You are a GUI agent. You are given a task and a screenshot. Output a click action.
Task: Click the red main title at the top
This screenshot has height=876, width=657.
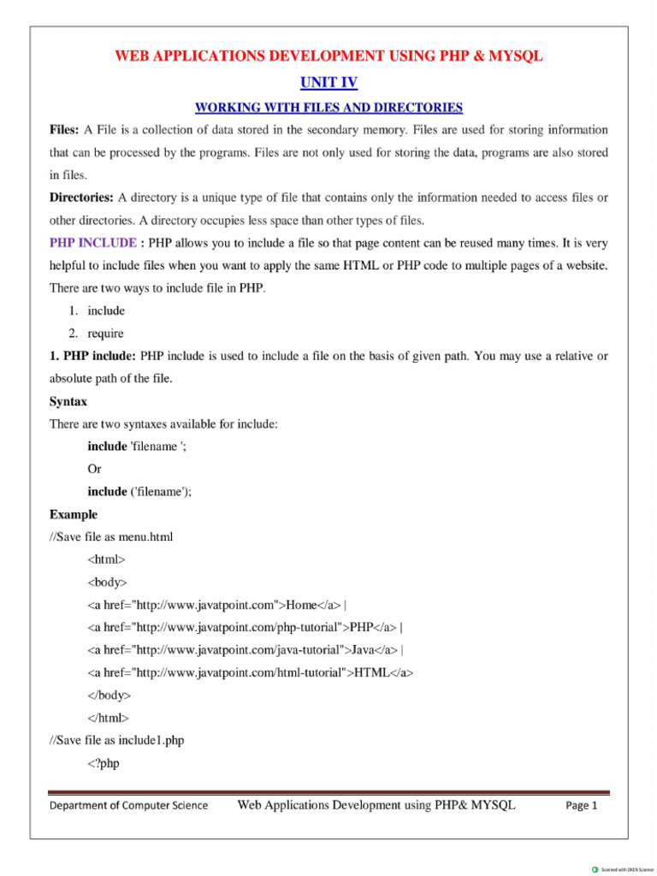pos(328,56)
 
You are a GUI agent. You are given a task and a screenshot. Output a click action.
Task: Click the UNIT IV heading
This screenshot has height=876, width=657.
pos(328,82)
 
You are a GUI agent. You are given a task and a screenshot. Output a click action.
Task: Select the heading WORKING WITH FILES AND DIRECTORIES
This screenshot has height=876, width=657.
pos(328,108)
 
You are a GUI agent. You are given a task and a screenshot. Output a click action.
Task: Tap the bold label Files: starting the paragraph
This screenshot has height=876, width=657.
pos(64,130)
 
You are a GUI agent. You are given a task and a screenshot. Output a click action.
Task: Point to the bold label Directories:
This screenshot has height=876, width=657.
pos(82,198)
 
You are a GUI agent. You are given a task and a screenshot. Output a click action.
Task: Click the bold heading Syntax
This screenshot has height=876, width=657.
pos(68,401)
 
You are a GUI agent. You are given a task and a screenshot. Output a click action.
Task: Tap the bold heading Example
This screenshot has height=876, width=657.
pos(74,514)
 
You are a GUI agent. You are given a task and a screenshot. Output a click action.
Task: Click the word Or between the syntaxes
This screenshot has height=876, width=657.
pos(94,469)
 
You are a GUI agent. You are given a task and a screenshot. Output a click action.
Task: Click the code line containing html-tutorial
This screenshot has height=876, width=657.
pos(250,672)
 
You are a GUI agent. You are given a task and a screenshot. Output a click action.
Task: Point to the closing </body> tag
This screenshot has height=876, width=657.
pos(109,695)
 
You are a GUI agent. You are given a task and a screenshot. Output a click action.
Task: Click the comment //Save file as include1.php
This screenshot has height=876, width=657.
pos(116,740)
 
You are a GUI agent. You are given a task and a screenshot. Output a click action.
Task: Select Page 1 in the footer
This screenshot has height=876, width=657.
pos(582,806)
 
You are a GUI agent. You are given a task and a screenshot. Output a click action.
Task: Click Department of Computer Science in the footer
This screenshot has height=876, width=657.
pos(128,806)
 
